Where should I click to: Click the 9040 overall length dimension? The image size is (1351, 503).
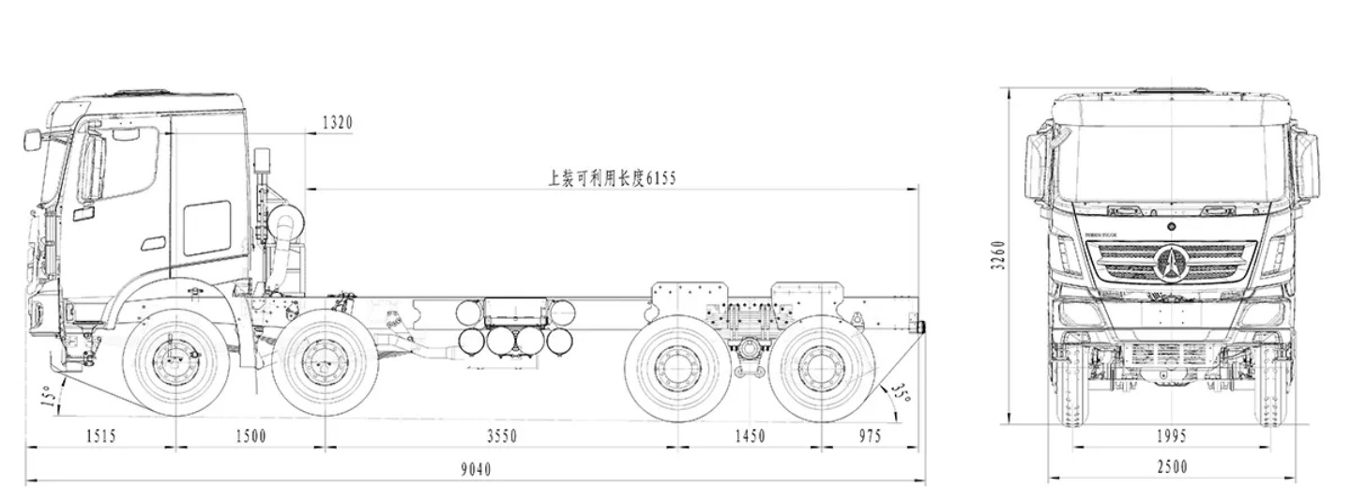tap(476, 469)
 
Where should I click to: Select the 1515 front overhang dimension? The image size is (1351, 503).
tap(100, 436)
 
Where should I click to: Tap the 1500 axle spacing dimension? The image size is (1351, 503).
tap(250, 436)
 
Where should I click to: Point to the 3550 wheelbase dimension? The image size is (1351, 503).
tap(501, 436)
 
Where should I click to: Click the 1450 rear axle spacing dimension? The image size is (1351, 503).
tap(750, 436)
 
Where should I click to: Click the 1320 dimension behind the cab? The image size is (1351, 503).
tap(337, 122)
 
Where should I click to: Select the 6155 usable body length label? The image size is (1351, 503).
tap(612, 176)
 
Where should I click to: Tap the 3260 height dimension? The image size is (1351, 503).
tap(998, 254)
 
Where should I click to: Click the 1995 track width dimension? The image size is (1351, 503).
tap(1171, 436)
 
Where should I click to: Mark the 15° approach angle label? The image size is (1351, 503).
tap(48, 399)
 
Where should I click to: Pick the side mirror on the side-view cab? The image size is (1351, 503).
tap(33, 141)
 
